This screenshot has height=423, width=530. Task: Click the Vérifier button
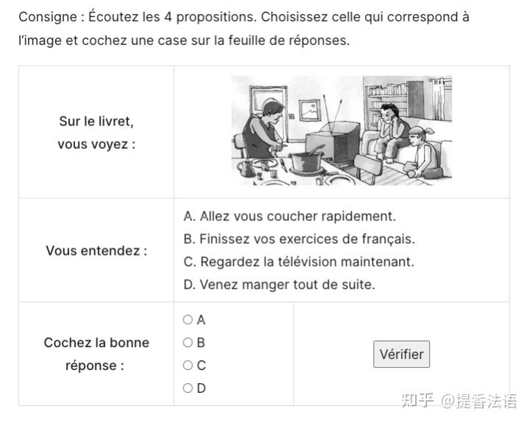click(401, 354)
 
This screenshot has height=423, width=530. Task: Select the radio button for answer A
click(188, 319)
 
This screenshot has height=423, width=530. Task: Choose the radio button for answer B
click(188, 343)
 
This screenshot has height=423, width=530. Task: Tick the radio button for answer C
click(188, 365)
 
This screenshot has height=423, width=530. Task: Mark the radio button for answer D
click(188, 388)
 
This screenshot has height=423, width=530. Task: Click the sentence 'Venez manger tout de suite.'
click(287, 284)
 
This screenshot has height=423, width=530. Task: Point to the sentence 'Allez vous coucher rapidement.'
click(297, 216)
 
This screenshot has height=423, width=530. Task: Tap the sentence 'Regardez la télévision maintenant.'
click(307, 262)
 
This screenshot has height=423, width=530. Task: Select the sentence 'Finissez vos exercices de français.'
click(307, 239)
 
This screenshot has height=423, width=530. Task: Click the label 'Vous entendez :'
click(96, 251)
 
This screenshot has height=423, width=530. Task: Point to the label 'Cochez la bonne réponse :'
click(96, 354)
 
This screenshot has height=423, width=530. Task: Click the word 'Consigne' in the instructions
click(48, 17)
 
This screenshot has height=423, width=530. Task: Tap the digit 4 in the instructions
click(168, 17)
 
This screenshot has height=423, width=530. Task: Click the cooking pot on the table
click(305, 161)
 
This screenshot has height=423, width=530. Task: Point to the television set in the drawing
click(333, 141)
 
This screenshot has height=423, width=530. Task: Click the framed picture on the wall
click(309, 110)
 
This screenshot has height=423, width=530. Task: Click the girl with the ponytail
click(423, 153)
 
